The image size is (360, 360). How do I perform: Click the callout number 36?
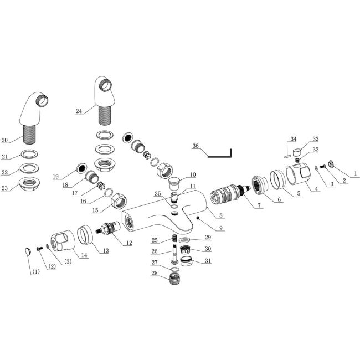pos(195,146)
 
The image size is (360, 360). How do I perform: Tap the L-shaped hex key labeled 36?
pos(222,155)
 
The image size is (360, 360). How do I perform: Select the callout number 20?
pos(5,140)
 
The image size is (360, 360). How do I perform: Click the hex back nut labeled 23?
pos(29,186)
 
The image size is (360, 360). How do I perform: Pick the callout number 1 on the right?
pos(356,174)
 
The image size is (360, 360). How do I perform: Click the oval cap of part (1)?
pos(28,251)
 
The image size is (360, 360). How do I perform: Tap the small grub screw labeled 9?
pos(198,220)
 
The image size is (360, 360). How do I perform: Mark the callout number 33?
pos(301,139)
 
